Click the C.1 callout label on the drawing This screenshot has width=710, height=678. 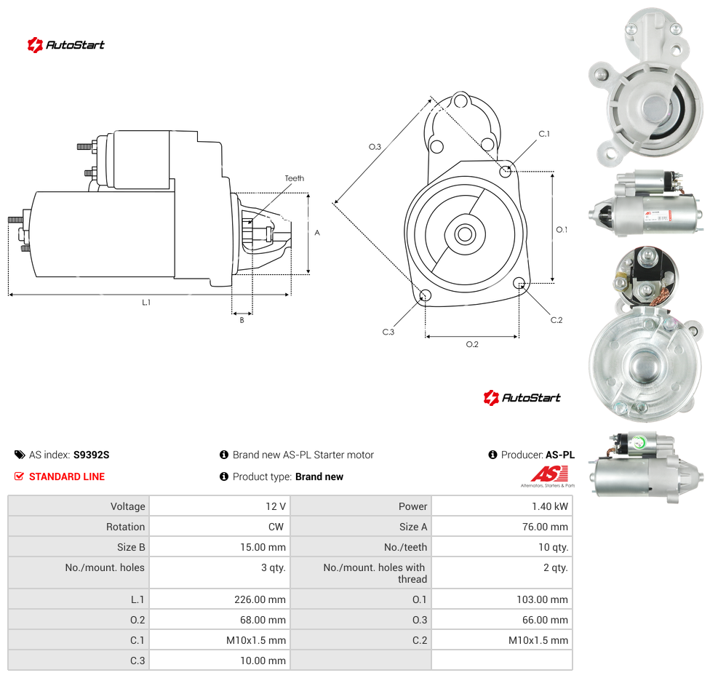[544, 134]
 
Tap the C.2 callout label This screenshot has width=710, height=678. [556, 320]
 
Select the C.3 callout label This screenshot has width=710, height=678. [388, 332]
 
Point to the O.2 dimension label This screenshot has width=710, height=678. [472, 344]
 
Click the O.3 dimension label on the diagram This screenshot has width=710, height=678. [375, 147]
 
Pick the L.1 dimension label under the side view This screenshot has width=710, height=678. [145, 302]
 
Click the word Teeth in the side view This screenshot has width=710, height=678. [295, 178]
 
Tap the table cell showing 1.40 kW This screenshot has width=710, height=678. [502, 506]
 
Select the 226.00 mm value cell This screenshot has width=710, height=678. [220, 599]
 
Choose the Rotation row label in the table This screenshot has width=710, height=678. [125, 527]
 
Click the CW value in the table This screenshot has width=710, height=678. [276, 527]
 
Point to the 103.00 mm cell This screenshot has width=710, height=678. [502, 599]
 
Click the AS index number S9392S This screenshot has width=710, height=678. [92, 455]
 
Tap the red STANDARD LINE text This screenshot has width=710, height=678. [67, 476]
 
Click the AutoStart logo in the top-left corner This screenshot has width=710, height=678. [65, 45]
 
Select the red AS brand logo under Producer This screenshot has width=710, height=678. [549, 476]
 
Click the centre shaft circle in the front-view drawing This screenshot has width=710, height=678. [465, 234]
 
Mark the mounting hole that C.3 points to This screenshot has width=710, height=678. [425, 296]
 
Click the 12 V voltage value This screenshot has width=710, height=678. [276, 506]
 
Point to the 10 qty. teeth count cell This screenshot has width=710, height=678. [502, 547]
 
